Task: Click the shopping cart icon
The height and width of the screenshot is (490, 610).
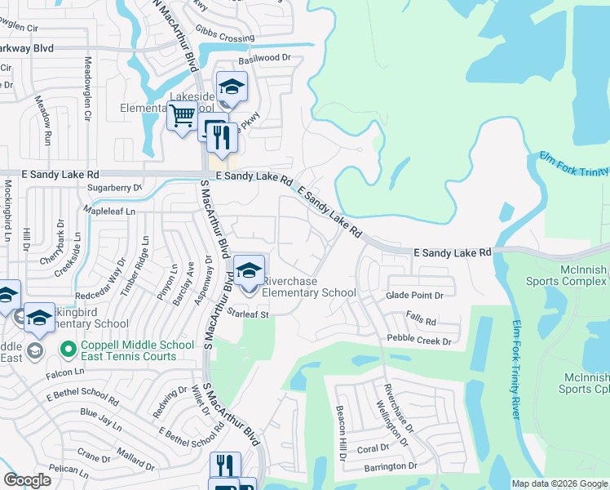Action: [182, 115]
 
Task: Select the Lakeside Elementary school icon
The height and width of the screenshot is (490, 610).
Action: [232, 87]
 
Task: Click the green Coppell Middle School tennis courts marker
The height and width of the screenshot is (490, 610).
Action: [69, 350]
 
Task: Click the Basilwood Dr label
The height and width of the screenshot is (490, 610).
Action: [264, 59]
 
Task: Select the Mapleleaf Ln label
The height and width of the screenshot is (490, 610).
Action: [109, 210]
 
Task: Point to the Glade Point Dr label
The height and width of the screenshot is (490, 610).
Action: [415, 296]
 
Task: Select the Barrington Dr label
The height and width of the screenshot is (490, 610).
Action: [380, 466]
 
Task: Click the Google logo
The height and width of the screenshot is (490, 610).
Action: [27, 480]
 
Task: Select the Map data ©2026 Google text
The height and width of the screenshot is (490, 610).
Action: [559, 483]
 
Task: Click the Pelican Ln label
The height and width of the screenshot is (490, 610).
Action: [69, 470]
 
